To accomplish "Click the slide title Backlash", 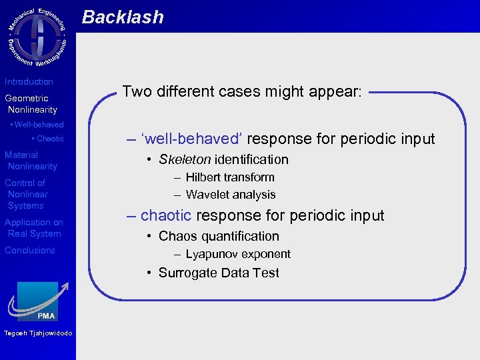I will (x=123, y=17).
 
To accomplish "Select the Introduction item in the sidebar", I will (x=29, y=81).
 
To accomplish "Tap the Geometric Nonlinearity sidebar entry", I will (x=31, y=104).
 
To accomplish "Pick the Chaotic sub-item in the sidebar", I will (x=49, y=139).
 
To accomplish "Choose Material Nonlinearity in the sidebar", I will (x=31, y=161).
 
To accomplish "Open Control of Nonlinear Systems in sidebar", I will (x=27, y=194).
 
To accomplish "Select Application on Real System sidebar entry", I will (x=33, y=228).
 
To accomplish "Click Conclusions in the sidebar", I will (x=30, y=250).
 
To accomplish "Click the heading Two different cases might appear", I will (x=242, y=91).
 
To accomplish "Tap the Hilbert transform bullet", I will (x=230, y=177).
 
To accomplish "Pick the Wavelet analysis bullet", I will (x=231, y=195).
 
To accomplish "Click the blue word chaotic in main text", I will (x=166, y=215).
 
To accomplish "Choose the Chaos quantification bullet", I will (x=219, y=236).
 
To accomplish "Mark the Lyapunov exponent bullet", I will (x=238, y=254).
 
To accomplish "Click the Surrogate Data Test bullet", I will (x=219, y=273).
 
